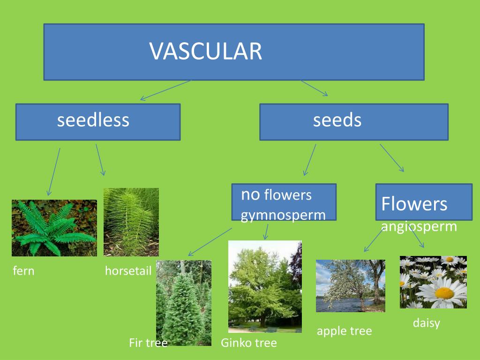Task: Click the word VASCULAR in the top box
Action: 206,51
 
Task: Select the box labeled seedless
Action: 97,121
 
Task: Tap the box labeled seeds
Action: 353,121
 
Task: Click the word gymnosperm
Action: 283,215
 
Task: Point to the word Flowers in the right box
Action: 414,204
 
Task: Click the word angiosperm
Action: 419,226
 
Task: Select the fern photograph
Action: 54,228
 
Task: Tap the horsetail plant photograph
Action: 131,222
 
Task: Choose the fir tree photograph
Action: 183,302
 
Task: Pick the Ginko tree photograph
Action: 265,286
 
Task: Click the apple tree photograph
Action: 350,285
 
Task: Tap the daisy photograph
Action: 433,282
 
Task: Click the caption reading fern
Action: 23,271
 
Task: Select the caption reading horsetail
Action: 128,271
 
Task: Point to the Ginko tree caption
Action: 248,343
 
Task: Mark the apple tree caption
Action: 344,331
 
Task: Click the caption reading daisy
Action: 426,323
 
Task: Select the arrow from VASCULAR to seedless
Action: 165,90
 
